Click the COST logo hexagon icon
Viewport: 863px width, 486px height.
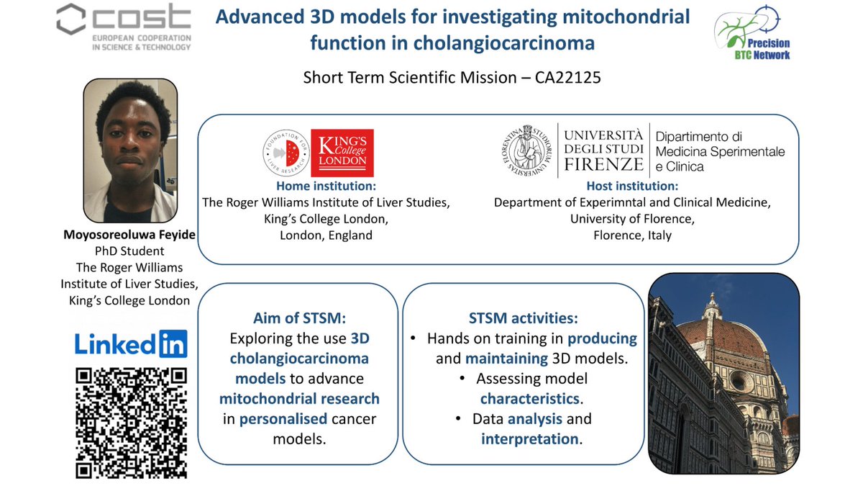[x=72, y=19]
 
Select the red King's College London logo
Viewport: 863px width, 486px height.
[x=342, y=153]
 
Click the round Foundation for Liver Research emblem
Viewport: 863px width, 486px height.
[x=285, y=153]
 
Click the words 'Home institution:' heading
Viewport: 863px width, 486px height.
[x=326, y=186]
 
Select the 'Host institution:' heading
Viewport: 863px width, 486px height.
[x=632, y=186]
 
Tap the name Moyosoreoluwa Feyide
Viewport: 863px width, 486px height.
[x=129, y=235]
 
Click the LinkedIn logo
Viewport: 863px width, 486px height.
[x=131, y=344]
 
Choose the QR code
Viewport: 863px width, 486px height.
[x=131, y=423]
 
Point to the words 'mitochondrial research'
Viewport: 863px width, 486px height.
[x=299, y=398]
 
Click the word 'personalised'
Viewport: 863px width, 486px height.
[x=283, y=418]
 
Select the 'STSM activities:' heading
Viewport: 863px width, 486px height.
[x=523, y=318]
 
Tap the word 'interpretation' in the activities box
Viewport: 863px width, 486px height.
[x=530, y=438]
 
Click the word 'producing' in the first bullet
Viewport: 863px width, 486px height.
[x=603, y=338]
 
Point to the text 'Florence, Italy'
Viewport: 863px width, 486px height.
[x=632, y=235]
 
